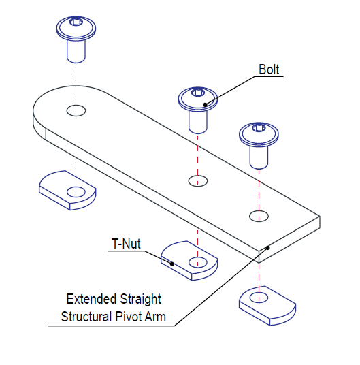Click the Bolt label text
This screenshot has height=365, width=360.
tap(269, 69)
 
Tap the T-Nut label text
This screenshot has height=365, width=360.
tap(126, 244)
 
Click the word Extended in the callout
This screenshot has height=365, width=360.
tap(91, 299)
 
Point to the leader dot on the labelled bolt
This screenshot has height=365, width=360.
tap(205, 105)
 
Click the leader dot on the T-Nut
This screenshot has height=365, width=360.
tap(172, 264)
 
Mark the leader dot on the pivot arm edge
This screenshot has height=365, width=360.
tap(267, 248)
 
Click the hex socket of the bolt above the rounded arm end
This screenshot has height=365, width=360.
tap(76, 22)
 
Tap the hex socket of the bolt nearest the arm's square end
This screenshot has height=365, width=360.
tap(259, 128)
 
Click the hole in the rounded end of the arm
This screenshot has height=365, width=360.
tap(76, 110)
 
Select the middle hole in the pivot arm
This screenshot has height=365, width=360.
tap(197, 181)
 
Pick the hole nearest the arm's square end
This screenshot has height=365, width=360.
tap(259, 216)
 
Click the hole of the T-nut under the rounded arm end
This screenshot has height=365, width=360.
tap(76, 192)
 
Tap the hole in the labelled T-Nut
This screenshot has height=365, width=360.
tap(197, 263)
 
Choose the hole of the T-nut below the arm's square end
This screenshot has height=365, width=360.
tap(259, 298)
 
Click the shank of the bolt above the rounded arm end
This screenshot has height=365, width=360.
tap(76, 51)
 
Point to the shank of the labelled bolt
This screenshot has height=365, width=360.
tap(197, 122)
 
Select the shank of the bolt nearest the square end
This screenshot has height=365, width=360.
tap(259, 157)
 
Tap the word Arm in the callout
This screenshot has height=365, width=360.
tap(155, 317)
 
